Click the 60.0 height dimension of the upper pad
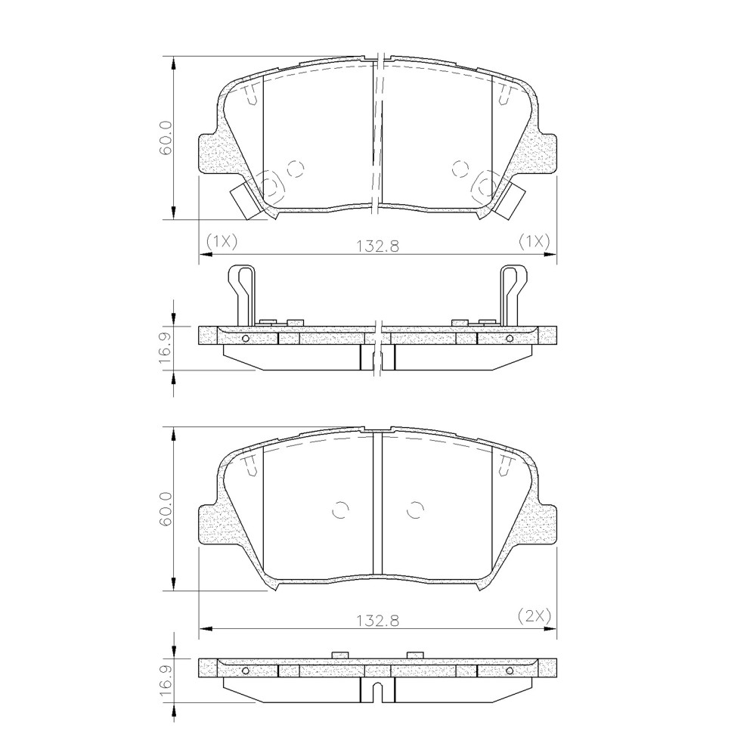pyautogui.click(x=166, y=139)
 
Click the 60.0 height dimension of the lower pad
pyautogui.click(x=166, y=509)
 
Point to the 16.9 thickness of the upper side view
pyautogui.click(x=166, y=342)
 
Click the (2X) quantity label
pyautogui.click(x=534, y=615)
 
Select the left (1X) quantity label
pyautogui.click(x=222, y=242)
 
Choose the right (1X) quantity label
pyautogui.click(x=534, y=242)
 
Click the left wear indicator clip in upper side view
pyautogui.click(x=241, y=295)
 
